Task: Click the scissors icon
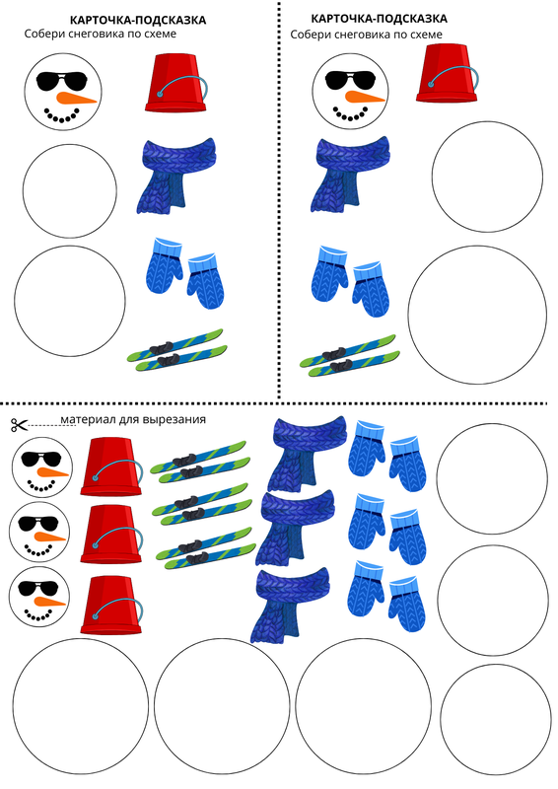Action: tap(19, 425)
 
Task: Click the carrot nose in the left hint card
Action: tap(76, 98)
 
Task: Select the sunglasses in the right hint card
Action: tap(350, 79)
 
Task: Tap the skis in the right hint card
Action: tap(350, 356)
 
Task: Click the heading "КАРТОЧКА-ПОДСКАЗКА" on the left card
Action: tap(138, 20)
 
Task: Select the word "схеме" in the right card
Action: tap(426, 35)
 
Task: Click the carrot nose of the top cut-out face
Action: tap(52, 472)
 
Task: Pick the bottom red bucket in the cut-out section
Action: tap(110, 606)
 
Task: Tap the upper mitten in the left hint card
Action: tap(164, 265)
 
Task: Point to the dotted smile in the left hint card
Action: tap(62, 115)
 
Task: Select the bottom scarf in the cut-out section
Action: tap(291, 606)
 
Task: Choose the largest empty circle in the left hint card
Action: tap(70, 301)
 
